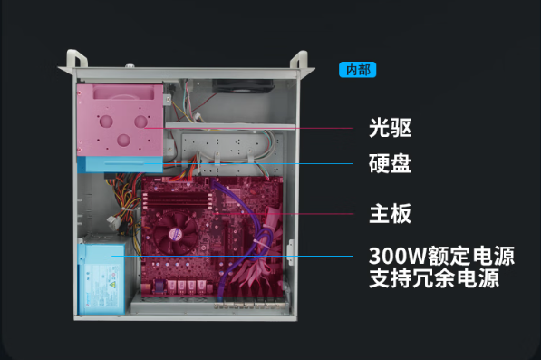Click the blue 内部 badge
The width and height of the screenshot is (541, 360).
pos(357,70)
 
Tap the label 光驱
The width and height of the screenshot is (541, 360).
pos(391,128)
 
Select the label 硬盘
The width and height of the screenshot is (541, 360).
pos(391,164)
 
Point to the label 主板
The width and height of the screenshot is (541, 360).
pos(391,214)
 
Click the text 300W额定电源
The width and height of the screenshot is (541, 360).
pos(441,256)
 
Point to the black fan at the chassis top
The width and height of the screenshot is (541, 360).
pos(243,87)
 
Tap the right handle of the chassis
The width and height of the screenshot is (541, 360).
pos(300,62)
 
